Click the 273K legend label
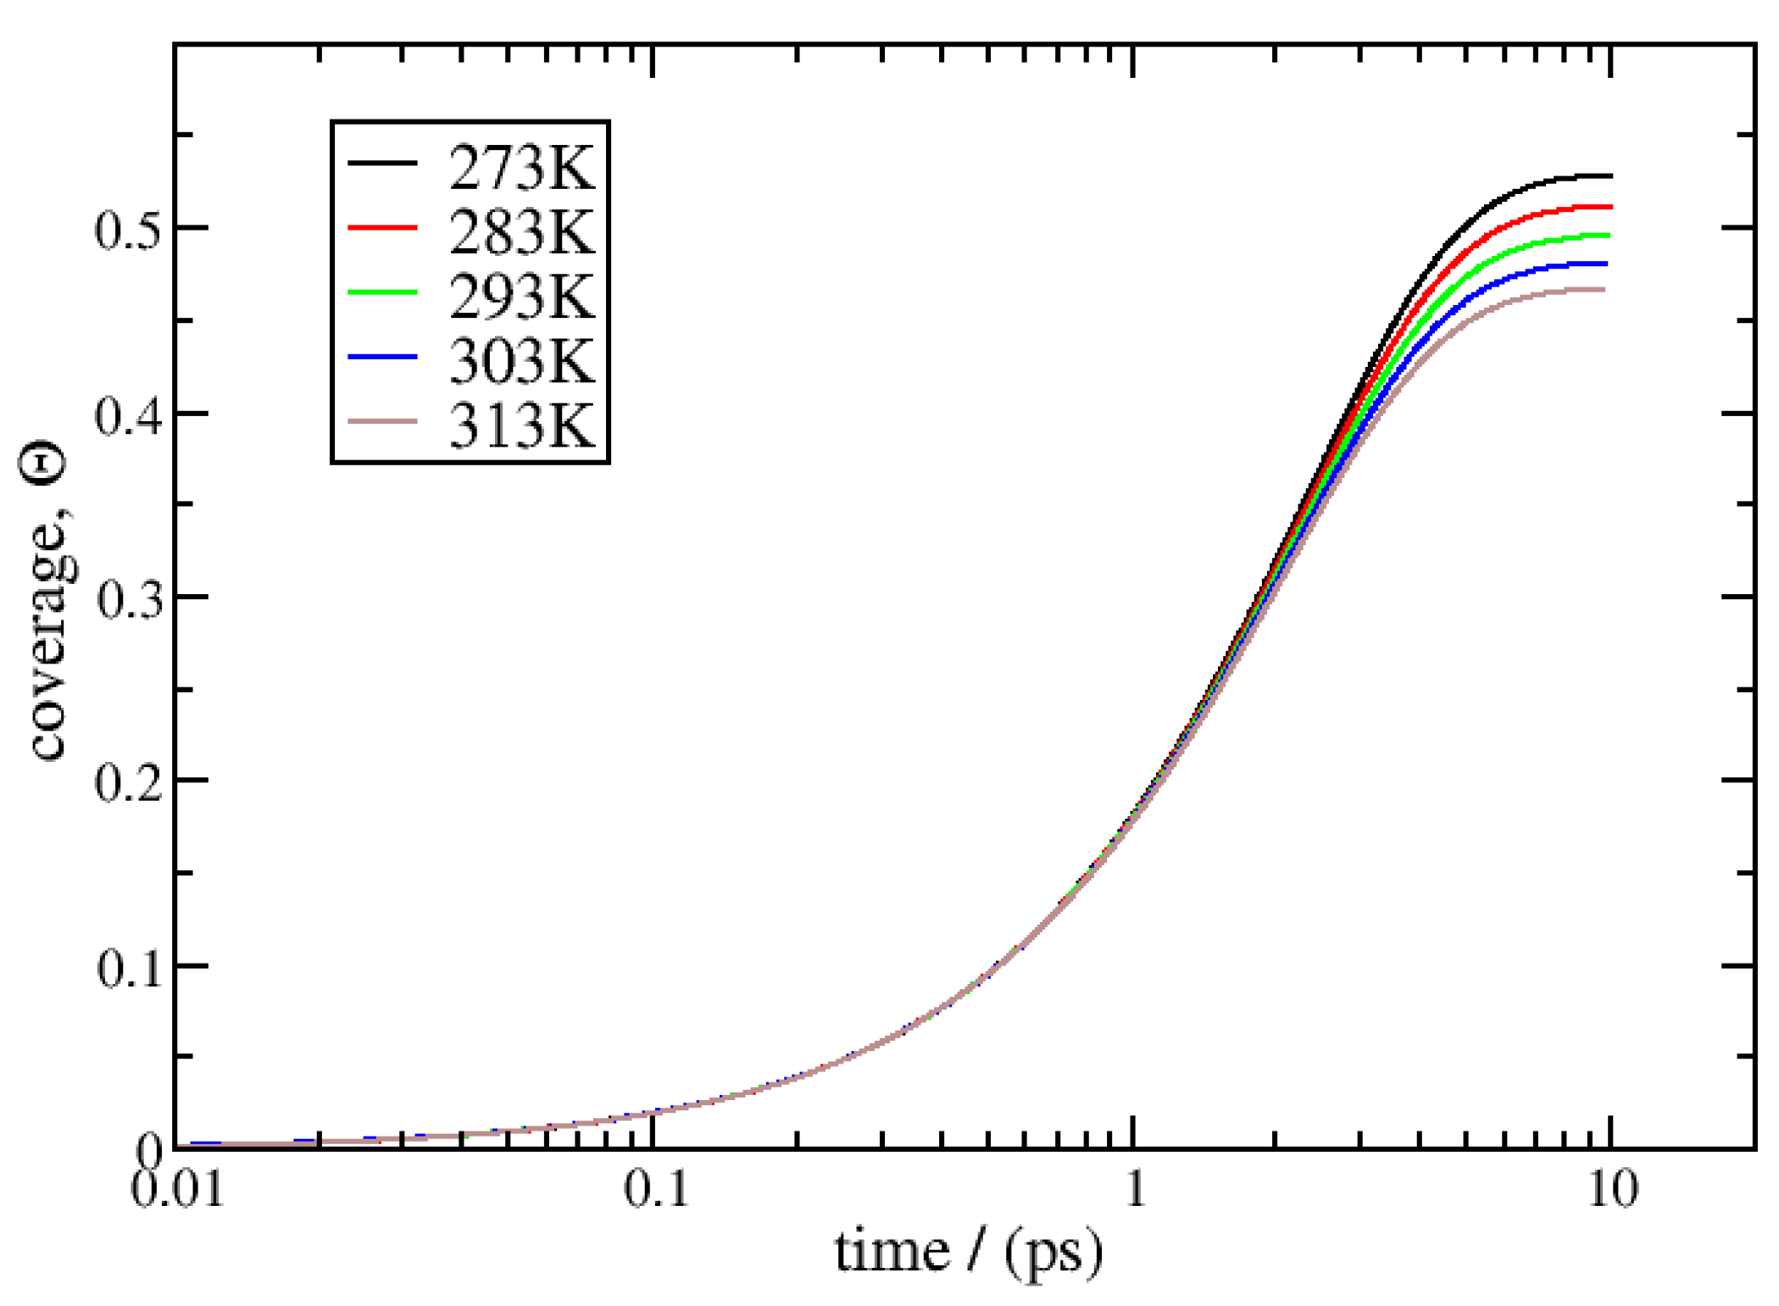(521, 168)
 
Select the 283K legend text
(521, 232)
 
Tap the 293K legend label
(521, 297)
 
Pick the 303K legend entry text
(521, 361)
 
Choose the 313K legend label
(521, 425)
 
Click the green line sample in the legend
(382, 292)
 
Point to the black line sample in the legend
(382, 162)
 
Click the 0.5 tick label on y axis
(126, 230)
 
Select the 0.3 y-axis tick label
(126, 598)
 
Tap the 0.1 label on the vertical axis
(126, 967)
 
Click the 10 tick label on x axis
(1611, 1188)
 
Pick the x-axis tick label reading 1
(1134, 1188)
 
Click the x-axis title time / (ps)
(969, 1253)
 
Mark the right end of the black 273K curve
(1609, 176)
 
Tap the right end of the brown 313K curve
(1603, 290)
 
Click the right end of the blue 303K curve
(1605, 264)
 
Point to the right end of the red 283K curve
(1609, 207)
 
